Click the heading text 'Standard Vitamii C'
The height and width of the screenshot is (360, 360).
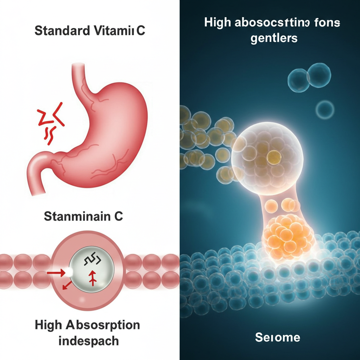[90, 31]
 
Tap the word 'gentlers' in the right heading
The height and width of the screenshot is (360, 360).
[274, 38]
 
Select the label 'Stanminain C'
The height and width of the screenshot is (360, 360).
[83, 216]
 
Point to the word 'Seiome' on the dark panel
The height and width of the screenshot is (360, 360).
[277, 338]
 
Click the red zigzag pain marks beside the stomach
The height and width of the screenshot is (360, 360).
[51, 121]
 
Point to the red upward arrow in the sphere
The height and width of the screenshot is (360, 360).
[93, 277]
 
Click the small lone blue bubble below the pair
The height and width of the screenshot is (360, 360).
[324, 110]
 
